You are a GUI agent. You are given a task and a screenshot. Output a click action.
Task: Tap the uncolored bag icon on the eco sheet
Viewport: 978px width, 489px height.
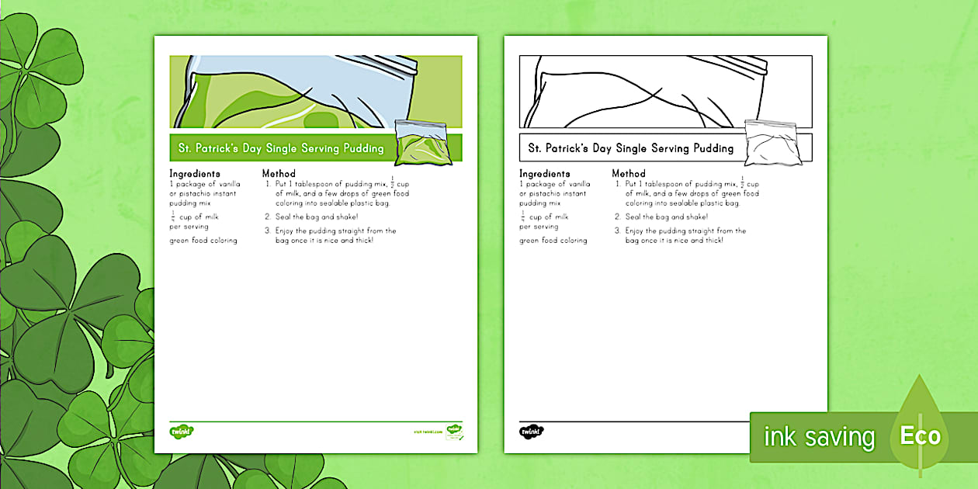point(771,142)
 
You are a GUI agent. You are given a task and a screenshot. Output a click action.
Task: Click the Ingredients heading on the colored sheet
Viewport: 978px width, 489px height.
point(195,174)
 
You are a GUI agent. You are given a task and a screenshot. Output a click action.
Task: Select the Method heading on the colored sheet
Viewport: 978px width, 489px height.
point(279,174)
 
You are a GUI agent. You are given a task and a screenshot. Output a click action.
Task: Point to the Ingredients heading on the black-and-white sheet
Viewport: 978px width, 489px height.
point(545,174)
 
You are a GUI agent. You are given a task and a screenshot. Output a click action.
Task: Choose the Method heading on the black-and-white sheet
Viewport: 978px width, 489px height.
point(629,174)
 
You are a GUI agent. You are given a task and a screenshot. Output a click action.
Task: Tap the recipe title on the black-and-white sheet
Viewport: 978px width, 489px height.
point(630,148)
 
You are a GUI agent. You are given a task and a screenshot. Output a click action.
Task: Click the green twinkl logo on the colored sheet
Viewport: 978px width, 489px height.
point(182,431)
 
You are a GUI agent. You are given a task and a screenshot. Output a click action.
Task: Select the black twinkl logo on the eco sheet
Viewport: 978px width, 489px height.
point(531,431)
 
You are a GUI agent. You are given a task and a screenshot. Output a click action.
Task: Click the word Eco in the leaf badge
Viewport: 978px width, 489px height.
point(921,436)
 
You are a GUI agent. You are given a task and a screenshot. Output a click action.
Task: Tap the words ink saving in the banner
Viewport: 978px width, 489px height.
point(819,438)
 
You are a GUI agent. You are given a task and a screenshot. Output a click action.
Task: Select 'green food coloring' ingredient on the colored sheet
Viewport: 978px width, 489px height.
point(203,241)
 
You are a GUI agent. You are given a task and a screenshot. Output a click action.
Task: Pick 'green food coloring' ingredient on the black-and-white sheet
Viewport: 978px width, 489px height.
point(553,241)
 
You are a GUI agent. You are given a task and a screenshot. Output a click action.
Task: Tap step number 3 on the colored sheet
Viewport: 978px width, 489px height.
point(268,231)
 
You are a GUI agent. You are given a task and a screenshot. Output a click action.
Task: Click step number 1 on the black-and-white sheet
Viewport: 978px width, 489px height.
point(618,184)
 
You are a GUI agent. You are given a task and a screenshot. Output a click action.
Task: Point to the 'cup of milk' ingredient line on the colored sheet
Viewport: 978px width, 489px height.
point(199,217)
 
